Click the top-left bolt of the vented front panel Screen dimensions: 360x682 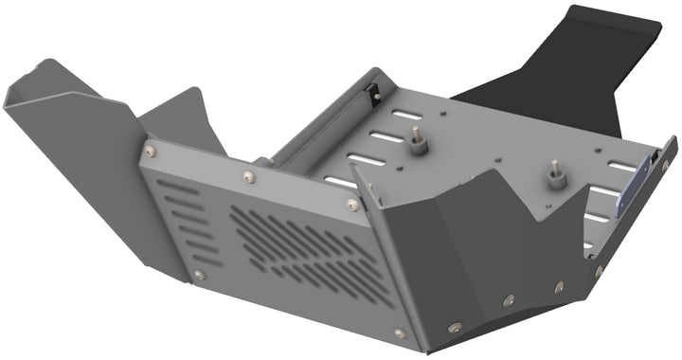pos(149,148)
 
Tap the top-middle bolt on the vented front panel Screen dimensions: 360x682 pos(248,175)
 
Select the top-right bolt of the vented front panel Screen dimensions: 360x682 pos(353,205)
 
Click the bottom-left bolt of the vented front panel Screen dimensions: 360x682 pos(199,276)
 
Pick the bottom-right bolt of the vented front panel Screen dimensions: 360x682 pos(400,333)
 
